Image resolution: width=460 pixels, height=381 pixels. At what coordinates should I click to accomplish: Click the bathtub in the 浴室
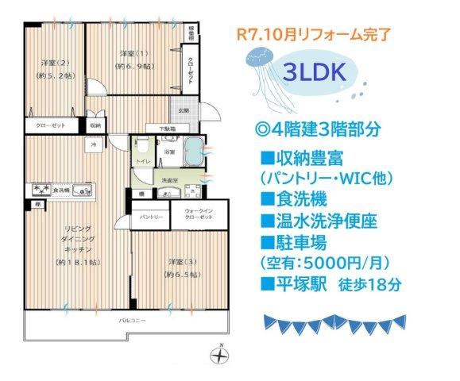tap(194, 149)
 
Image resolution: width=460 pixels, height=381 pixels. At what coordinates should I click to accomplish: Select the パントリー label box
tap(152, 217)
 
